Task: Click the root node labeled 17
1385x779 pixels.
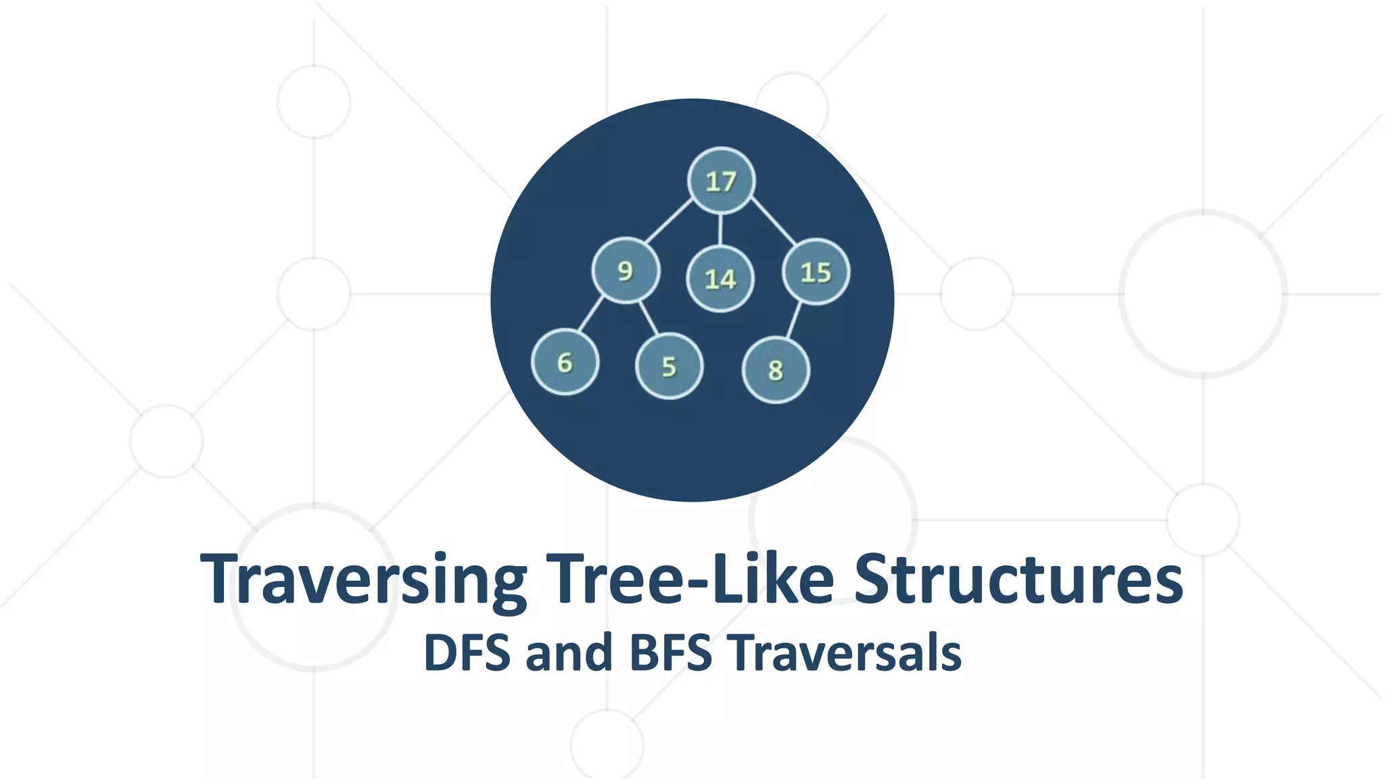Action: click(x=721, y=181)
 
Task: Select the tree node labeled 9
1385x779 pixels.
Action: click(x=626, y=270)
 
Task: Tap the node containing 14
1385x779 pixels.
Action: click(x=720, y=279)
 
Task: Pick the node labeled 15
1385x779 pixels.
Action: click(x=816, y=272)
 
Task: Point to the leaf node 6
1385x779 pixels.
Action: click(x=565, y=362)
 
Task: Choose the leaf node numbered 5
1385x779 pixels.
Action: click(x=670, y=367)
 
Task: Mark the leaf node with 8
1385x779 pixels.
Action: click(x=776, y=370)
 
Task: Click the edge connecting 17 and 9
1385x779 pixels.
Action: click(x=669, y=221)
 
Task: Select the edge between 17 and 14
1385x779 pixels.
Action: click(x=720, y=229)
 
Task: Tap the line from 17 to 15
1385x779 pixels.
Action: click(x=773, y=221)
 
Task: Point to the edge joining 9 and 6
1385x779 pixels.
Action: click(x=590, y=314)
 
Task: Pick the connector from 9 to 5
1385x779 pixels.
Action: click(x=648, y=318)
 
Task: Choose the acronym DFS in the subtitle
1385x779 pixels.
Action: click(x=467, y=653)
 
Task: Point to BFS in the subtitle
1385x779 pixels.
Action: click(x=671, y=653)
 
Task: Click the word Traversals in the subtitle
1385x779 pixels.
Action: click(x=845, y=653)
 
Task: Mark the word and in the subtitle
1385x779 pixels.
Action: click(x=569, y=653)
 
